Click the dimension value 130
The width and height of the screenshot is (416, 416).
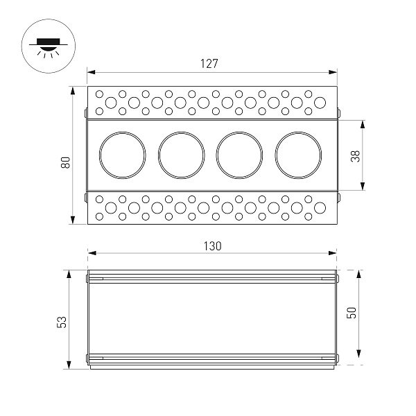point(212,245)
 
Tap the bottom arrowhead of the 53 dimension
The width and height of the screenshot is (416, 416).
point(69,367)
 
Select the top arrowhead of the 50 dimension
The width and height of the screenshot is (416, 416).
point(358,274)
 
